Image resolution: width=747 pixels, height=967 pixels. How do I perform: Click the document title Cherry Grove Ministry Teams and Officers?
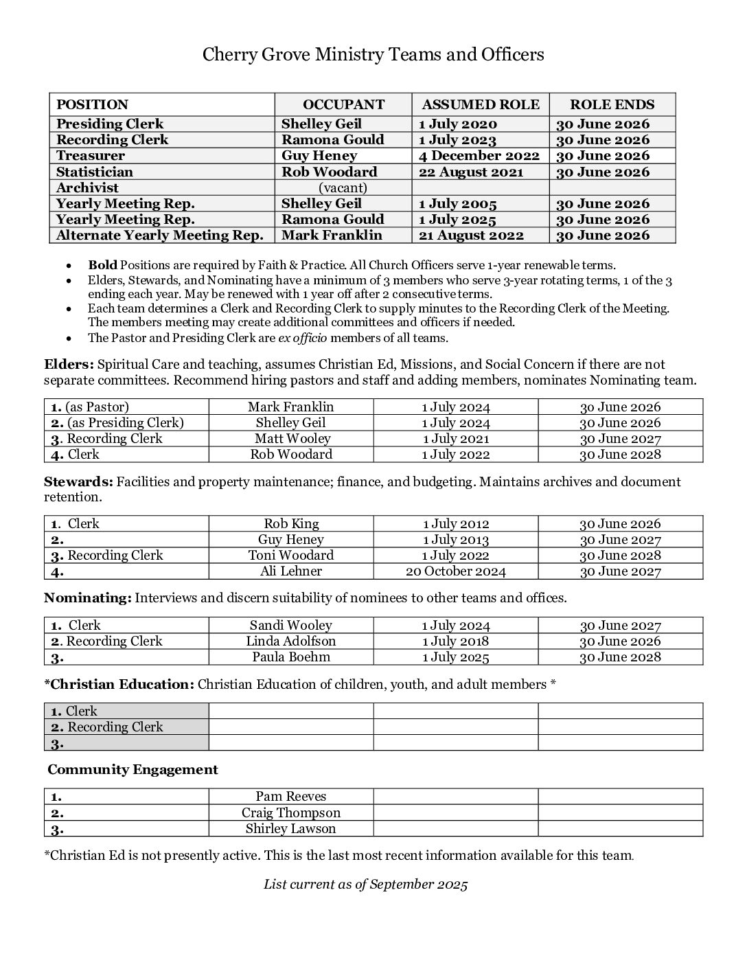[373, 55]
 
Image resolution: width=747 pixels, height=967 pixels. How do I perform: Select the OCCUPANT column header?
[343, 105]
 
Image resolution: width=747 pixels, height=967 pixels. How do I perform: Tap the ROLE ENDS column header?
[612, 105]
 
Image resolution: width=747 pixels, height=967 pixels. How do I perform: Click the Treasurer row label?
[91, 156]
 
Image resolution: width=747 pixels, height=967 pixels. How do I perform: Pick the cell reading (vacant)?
[343, 187]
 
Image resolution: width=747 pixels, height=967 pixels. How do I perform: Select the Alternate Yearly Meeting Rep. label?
[160, 235]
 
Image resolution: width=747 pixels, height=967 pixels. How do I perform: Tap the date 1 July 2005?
[457, 203]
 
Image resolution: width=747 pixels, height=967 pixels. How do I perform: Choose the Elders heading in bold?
[69, 365]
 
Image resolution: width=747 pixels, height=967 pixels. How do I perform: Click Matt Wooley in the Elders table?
[292, 438]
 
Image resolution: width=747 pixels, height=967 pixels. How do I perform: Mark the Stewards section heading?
[78, 481]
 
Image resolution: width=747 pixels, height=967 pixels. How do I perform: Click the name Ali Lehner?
[291, 571]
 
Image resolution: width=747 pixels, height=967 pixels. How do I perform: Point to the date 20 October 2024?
[455, 571]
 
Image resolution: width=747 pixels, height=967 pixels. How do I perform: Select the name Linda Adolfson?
[291, 641]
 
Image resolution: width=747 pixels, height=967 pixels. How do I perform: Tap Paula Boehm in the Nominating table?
[291, 657]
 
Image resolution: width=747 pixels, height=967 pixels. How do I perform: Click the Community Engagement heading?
[133, 770]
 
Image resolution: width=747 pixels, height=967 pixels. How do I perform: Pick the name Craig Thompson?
[291, 812]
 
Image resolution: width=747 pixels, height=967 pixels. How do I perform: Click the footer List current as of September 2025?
[365, 885]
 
